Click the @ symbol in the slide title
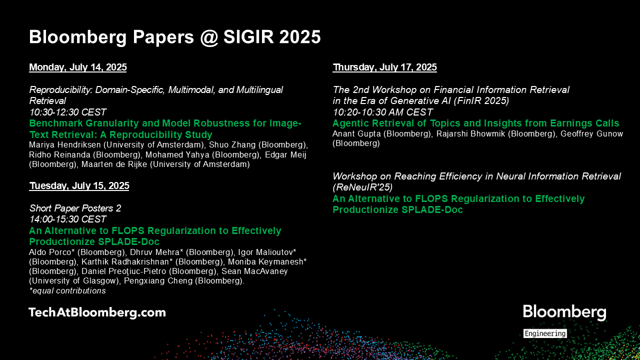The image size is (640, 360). [x=209, y=37]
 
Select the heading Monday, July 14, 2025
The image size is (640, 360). [x=77, y=67]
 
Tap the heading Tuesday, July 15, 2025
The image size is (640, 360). [x=79, y=186]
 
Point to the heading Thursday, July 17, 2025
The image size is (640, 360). [x=384, y=67]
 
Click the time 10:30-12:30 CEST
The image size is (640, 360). [x=67, y=112]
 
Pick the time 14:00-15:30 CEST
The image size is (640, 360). [x=67, y=219]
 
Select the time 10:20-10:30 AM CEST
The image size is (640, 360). [x=382, y=112]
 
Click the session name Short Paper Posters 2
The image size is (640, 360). [x=75, y=208]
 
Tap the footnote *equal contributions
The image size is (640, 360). [x=67, y=291]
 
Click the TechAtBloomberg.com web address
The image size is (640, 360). [x=97, y=312]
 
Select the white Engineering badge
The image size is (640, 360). [x=545, y=333]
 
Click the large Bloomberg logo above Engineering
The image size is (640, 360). [x=564, y=312]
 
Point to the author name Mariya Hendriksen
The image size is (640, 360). [x=65, y=145]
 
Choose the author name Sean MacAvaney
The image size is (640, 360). [x=254, y=271]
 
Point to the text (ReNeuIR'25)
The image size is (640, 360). [x=362, y=187]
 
